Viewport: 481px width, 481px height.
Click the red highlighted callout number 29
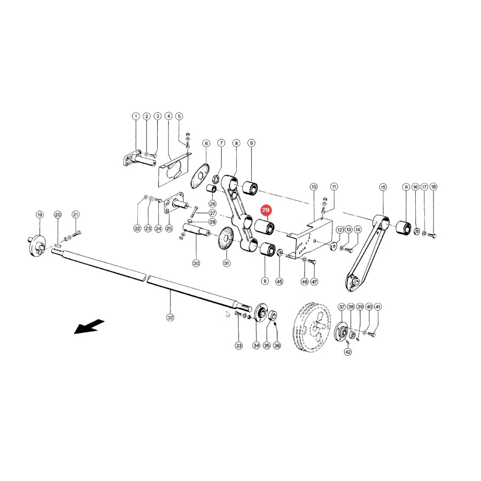point(266,210)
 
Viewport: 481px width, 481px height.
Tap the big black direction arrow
point(89,327)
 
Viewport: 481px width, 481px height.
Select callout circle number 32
point(170,317)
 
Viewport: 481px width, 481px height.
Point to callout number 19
point(40,215)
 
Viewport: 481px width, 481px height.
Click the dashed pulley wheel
point(312,327)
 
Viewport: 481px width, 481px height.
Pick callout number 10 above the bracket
point(314,187)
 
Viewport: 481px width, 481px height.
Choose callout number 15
point(383,187)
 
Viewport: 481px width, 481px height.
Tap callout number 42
point(347,352)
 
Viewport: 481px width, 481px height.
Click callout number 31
point(227,263)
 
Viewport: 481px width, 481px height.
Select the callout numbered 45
point(279,281)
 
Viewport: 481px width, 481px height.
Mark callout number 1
point(136,117)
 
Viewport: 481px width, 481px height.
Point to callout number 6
point(206,143)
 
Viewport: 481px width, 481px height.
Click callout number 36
point(277,346)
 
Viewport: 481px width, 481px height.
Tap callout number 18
point(433,187)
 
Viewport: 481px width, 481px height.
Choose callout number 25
point(169,228)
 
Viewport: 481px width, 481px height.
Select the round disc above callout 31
point(226,239)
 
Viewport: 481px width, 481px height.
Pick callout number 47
point(314,281)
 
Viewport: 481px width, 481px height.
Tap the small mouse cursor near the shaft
point(228,314)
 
